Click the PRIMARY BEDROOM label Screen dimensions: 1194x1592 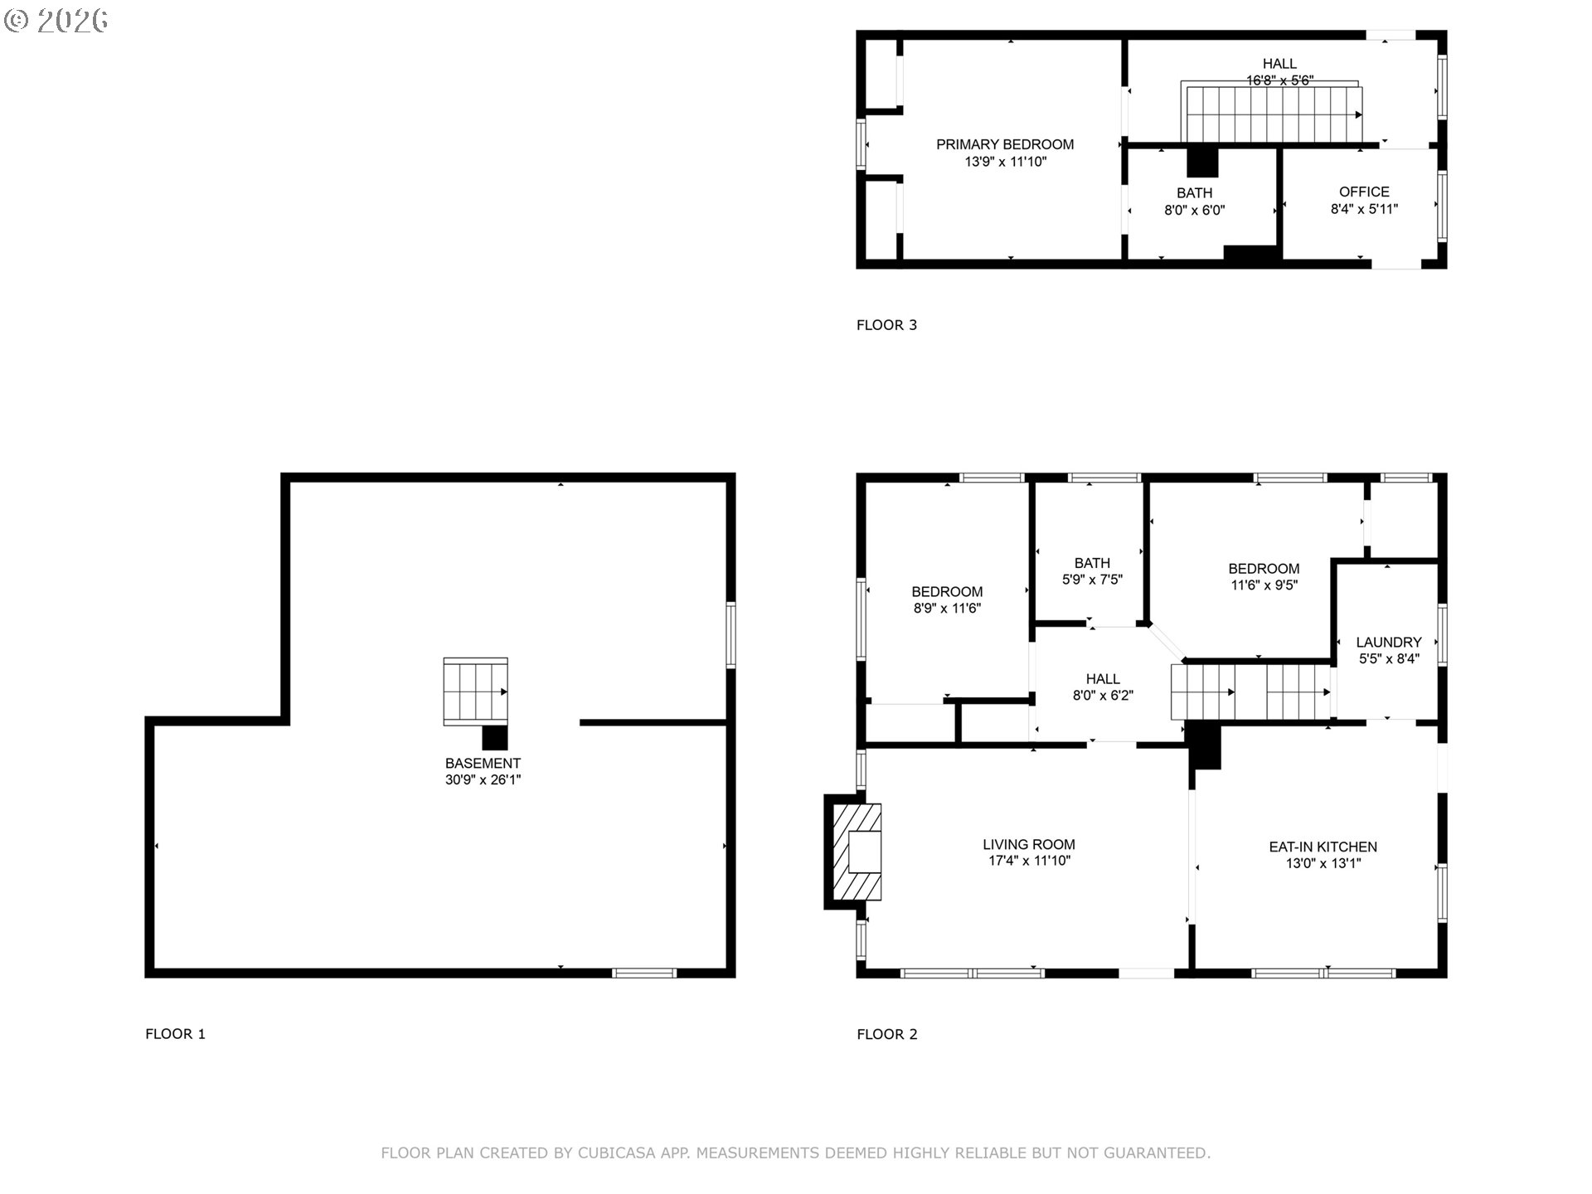point(1004,144)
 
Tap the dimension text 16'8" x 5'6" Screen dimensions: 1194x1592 point(1279,80)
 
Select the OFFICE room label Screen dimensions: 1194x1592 point(1364,192)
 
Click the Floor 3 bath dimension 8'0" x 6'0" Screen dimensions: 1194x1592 point(1194,211)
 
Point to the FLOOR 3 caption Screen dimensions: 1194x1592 point(886,325)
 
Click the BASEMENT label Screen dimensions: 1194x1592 point(483,764)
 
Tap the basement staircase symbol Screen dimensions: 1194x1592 point(475,692)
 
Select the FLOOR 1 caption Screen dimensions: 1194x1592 point(175,1034)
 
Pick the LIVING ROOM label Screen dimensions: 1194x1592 point(1028,845)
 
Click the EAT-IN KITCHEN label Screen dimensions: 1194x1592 point(1323,847)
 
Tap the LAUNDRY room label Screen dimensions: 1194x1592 point(1388,642)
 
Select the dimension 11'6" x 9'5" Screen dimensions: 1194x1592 point(1264,585)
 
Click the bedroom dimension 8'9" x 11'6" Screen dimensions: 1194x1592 point(946,608)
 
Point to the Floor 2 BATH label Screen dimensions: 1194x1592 point(1092,563)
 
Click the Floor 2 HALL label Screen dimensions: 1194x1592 point(1103,679)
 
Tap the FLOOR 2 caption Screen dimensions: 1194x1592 point(886,1034)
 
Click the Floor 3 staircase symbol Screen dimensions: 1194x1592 point(1272,114)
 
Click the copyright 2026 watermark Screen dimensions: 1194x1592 point(56,20)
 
